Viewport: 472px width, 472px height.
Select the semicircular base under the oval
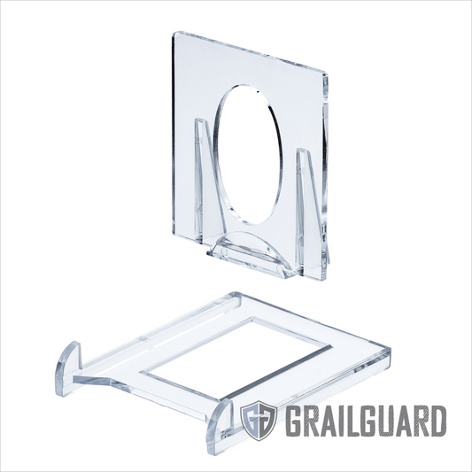tap(251, 251)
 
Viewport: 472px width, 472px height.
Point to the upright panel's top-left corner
tap(174, 33)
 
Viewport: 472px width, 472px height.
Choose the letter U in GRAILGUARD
tap(386, 419)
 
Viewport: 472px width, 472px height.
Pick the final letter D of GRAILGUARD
tap(437, 419)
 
